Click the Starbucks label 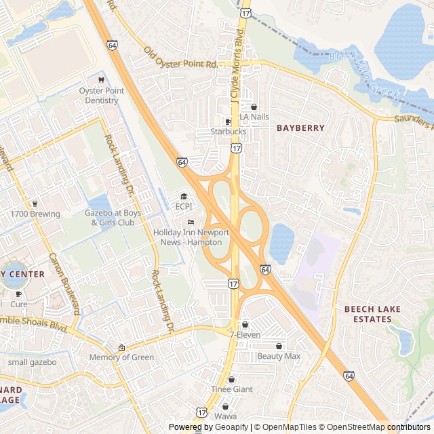tap(228, 132)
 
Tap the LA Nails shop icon tap(254, 107)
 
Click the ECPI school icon tap(184, 197)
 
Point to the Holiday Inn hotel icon tap(191, 222)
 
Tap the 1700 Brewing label tap(35, 214)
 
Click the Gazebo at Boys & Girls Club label tap(113, 218)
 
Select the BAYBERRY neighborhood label tap(300, 127)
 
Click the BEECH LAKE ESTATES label tap(372, 314)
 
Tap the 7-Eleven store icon tap(245, 325)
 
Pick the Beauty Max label tap(278, 356)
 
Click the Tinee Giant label tap(231, 389)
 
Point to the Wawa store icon tap(225, 406)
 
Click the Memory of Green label tap(121, 357)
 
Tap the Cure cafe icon tap(18, 294)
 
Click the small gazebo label tap(32, 361)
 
